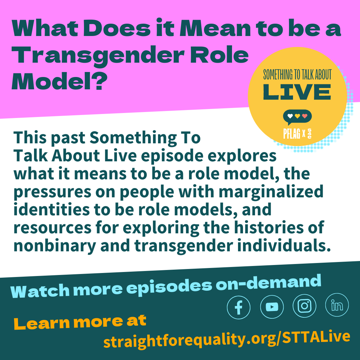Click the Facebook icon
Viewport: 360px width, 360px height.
coord(239,307)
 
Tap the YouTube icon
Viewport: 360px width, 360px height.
coord(272,307)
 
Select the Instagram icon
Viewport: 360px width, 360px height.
coord(304,306)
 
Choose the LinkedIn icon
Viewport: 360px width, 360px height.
coord(337,305)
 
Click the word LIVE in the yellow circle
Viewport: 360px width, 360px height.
coord(297,92)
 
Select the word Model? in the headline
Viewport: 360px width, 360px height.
coord(59,81)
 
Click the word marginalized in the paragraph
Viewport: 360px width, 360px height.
coord(271,192)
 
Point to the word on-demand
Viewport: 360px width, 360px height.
coord(268,284)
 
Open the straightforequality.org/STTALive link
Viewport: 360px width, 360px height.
coord(227,339)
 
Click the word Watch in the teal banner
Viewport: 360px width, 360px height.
coord(40,291)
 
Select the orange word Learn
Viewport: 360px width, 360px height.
coord(42,323)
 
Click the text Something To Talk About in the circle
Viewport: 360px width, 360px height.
coord(297,75)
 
